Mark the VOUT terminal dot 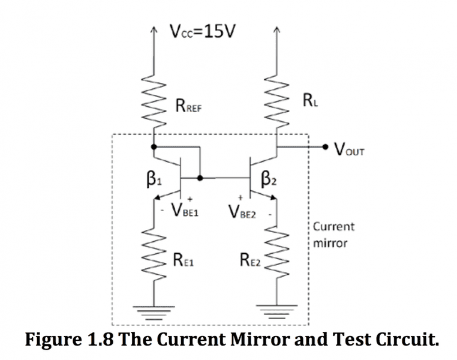coord(325,146)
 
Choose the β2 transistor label coord(268,179)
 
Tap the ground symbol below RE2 coord(276,310)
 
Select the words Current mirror coord(333,235)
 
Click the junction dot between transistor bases coord(200,178)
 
